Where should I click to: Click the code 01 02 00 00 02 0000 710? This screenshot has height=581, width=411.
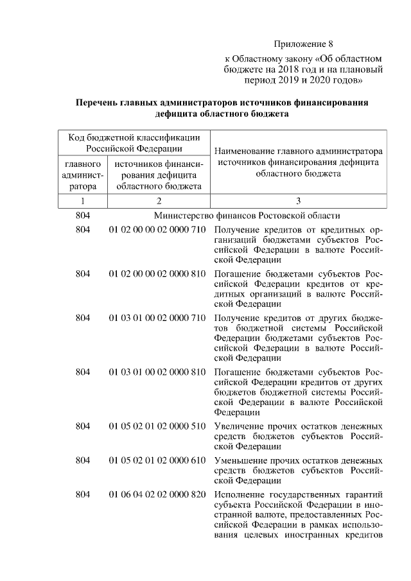[157, 230]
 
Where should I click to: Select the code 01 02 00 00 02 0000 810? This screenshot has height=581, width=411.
[157, 274]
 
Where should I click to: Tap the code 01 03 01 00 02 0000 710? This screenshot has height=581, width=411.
[157, 318]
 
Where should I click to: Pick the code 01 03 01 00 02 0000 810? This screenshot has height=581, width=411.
[157, 372]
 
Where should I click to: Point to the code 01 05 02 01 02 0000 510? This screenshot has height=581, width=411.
[157, 426]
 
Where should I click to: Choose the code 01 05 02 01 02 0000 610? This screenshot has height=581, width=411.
[157, 460]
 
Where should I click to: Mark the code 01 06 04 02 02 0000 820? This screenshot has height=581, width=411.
[157, 494]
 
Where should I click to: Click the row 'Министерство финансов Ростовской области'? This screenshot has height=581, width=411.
[247, 216]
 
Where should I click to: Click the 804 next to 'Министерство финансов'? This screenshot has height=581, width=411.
[83, 216]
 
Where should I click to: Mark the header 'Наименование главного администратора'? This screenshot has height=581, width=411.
[298, 152]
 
